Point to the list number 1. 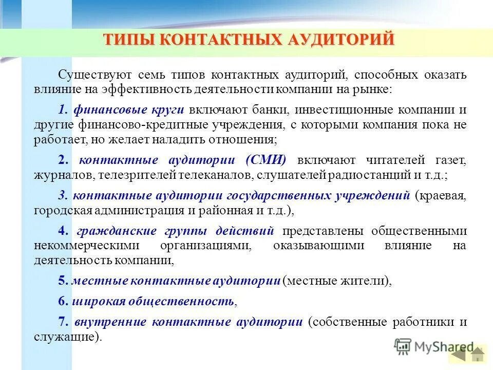(x=63, y=109)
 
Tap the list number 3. (x=62, y=195)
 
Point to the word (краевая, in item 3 (x=441, y=195)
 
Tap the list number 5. (x=62, y=281)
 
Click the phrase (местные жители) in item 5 (x=337, y=281)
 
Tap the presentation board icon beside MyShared (x=404, y=346)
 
